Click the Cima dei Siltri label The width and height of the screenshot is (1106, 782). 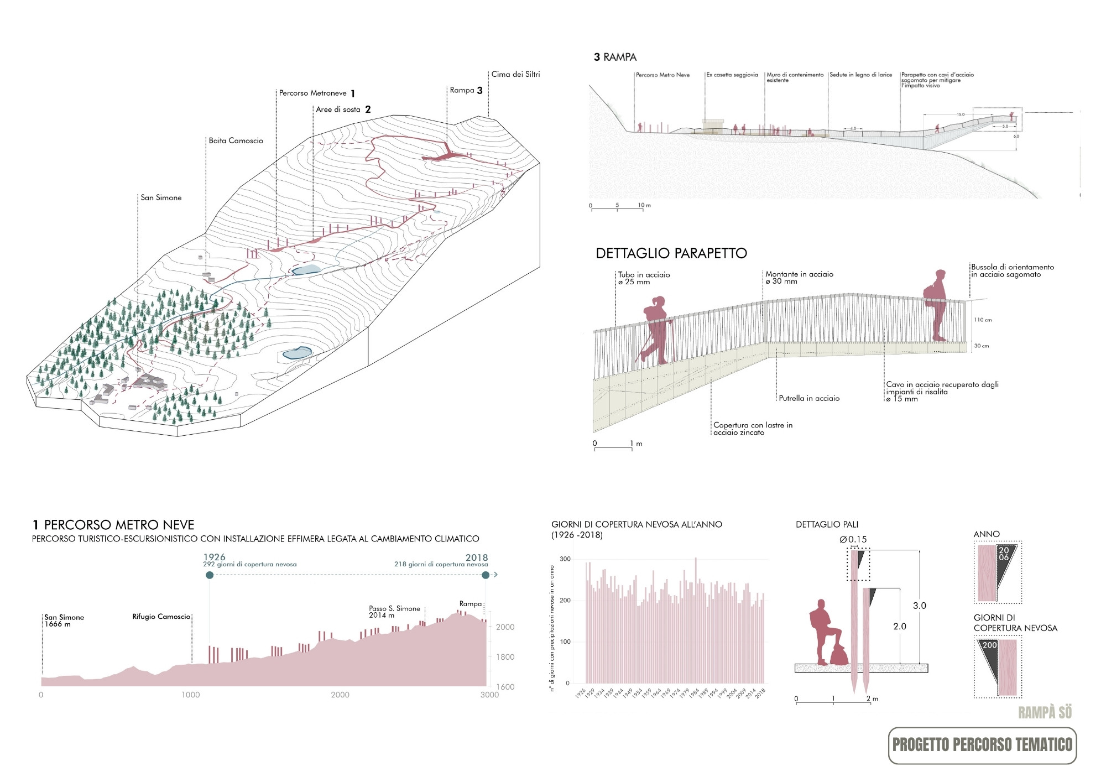click(515, 74)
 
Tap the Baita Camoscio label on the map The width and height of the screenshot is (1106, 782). click(236, 140)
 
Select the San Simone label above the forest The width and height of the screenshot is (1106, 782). click(161, 197)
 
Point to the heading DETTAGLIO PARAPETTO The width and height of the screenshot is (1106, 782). click(671, 253)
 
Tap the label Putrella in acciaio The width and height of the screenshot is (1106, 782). click(808, 398)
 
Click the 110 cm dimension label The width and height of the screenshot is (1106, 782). click(983, 320)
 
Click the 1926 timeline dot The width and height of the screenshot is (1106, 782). click(210, 575)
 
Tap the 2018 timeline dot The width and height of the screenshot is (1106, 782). click(486, 575)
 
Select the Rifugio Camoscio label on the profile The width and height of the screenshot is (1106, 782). click(161, 617)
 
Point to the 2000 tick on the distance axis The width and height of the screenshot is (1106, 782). click(340, 695)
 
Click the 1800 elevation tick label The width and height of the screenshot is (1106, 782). click(505, 657)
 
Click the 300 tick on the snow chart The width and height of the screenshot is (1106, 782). click(565, 559)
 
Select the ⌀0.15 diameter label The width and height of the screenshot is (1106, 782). click(853, 539)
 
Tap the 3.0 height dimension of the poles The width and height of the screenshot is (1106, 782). click(919, 606)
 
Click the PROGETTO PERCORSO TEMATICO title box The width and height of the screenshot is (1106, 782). click(982, 745)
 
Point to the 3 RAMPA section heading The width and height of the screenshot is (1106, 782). click(615, 57)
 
